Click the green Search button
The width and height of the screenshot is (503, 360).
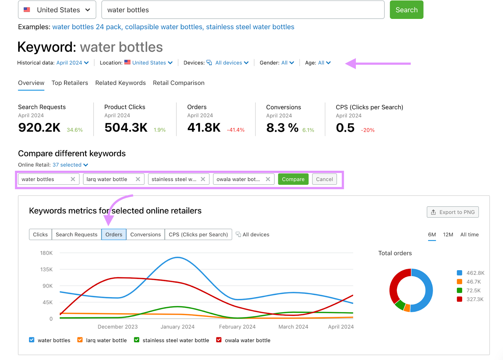coord(406,10)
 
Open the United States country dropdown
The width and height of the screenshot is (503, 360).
coord(57,10)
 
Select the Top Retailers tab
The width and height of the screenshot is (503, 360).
coord(70,83)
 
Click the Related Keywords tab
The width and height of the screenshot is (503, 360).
coord(120,83)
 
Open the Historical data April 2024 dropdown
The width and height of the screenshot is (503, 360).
coord(72,63)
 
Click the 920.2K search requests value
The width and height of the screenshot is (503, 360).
coord(39,128)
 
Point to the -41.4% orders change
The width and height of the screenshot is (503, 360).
coord(235,130)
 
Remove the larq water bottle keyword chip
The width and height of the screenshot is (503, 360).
coord(138,179)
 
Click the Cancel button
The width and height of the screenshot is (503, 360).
coord(324,179)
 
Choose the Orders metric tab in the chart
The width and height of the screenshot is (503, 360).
coord(114,235)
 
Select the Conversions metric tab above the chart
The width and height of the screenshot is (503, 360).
coord(145,235)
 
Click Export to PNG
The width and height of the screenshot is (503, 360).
coord(453,212)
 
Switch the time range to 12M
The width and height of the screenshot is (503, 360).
coord(448,235)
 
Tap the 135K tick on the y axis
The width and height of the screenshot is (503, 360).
coord(47,270)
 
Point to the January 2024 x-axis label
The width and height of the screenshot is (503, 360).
coord(177,327)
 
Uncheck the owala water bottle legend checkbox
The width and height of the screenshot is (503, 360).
coord(219,340)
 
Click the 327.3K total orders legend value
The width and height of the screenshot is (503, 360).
coord(475,299)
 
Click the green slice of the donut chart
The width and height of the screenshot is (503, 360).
coord(400,304)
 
